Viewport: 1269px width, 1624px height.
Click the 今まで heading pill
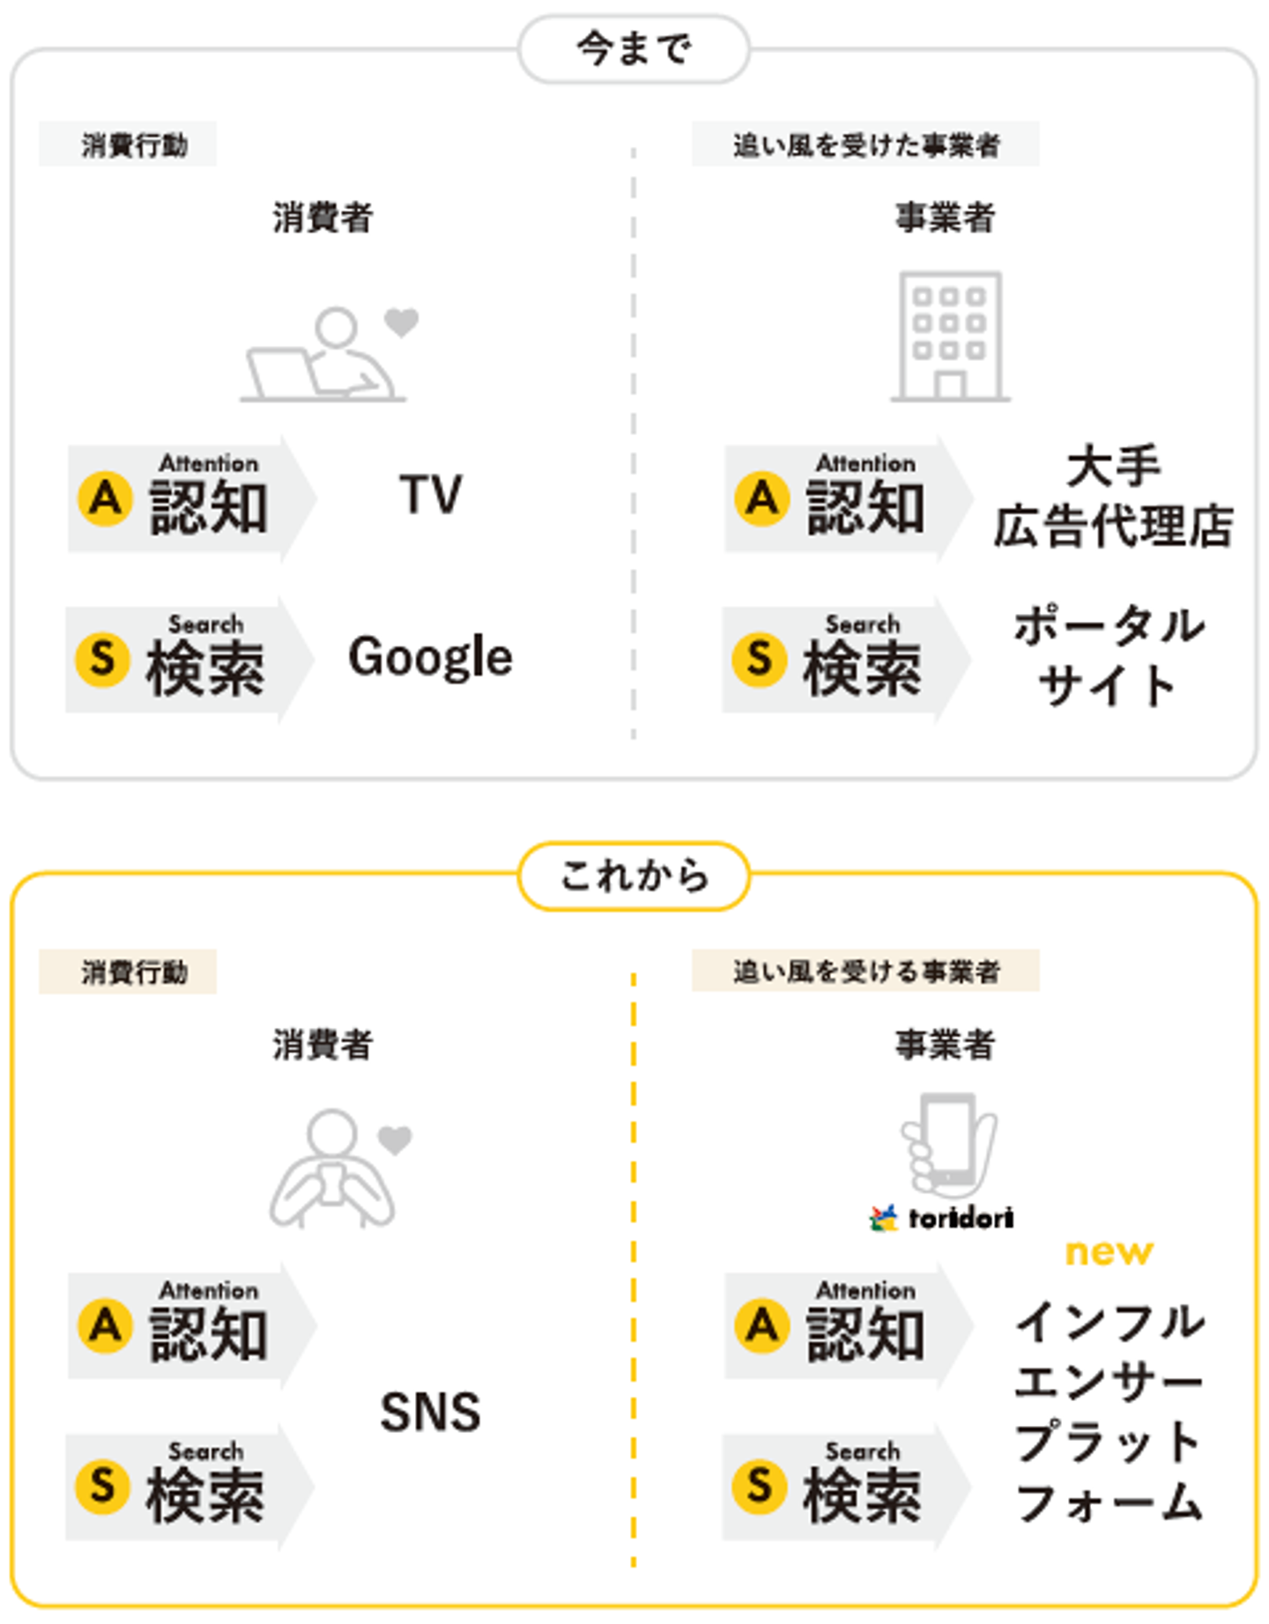tap(634, 49)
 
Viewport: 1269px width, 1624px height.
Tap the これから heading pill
tap(634, 876)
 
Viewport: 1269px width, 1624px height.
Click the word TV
tap(430, 494)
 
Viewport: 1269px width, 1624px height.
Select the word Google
tap(430, 657)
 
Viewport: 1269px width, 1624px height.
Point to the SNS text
tap(430, 1412)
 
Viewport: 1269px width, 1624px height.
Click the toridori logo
tap(941, 1218)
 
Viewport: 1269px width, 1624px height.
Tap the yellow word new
tap(1109, 1251)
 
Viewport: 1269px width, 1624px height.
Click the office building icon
tap(950, 336)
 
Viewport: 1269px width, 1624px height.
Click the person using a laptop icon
tap(321, 356)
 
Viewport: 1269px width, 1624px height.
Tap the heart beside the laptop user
tap(402, 322)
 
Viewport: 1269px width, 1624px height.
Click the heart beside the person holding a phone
tap(395, 1140)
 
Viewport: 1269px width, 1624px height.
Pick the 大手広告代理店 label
tap(1113, 497)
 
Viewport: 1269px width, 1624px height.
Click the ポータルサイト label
tap(1109, 656)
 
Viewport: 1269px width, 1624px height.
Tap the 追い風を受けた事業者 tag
tap(865, 144)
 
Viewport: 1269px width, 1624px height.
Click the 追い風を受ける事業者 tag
tap(865, 971)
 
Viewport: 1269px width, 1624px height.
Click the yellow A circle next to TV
tap(106, 498)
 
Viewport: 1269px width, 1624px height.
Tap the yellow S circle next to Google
tap(103, 659)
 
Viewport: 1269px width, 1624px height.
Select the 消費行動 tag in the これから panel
tap(129, 971)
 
